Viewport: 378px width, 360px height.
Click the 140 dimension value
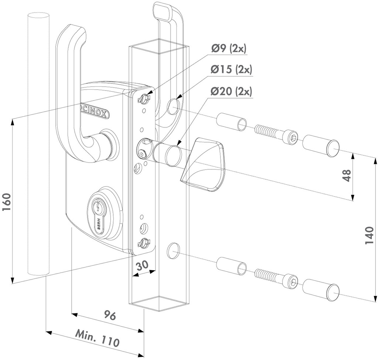coord(370,235)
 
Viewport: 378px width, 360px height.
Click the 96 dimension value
coord(110,316)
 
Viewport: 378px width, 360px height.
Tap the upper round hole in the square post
coord(173,107)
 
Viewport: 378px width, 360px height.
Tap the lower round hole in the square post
coord(172,251)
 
